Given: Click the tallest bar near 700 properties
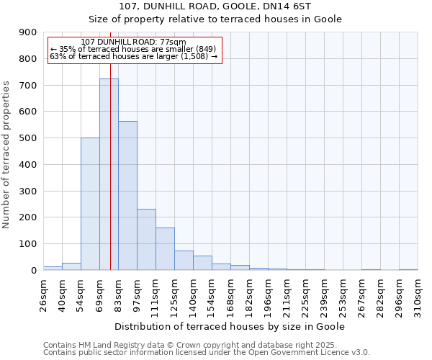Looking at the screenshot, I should [109, 174].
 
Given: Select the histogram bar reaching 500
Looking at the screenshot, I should [90, 204].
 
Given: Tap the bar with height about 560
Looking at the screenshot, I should [127, 195].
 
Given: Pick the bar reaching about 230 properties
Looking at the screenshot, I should [146, 239].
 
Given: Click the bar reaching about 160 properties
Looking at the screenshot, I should [165, 248].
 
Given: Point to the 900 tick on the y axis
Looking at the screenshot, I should [28, 32].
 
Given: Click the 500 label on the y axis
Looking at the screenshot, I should [28, 138].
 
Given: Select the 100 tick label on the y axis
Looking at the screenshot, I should [28, 244].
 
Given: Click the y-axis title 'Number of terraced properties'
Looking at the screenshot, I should [7, 155].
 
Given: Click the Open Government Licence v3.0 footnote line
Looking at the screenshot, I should [207, 352].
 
